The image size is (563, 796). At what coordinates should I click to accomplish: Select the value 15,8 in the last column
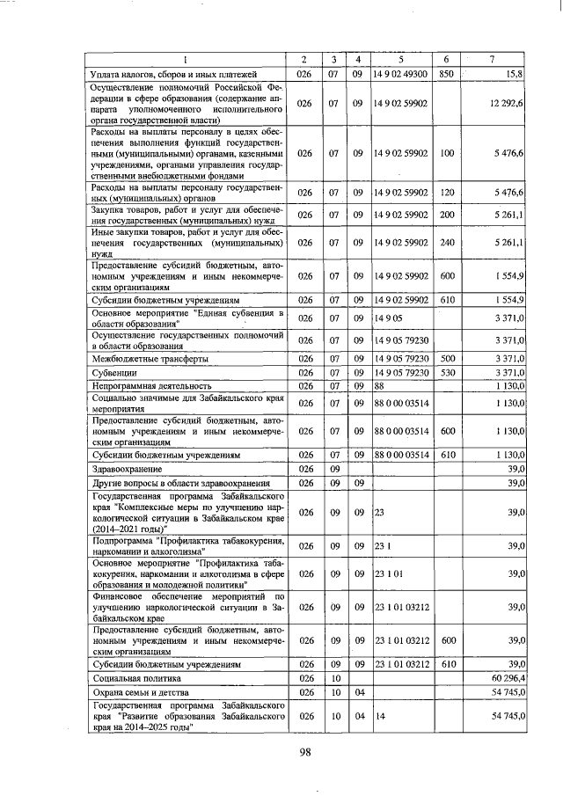(513, 74)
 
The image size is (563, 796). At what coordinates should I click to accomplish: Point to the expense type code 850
(446, 74)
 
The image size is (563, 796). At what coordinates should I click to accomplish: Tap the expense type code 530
(446, 372)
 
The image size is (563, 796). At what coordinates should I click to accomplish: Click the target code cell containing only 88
(380, 385)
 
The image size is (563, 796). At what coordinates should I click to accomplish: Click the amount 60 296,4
(506, 679)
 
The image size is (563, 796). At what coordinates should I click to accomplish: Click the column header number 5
(400, 60)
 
